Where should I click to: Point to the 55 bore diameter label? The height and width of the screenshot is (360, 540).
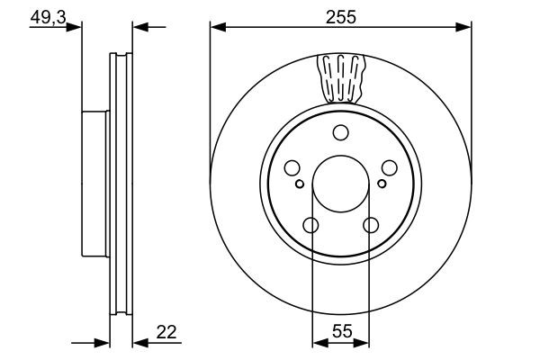[340, 333]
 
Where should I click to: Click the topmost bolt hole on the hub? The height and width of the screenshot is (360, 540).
[340, 134]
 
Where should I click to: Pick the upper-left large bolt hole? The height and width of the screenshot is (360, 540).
[291, 167]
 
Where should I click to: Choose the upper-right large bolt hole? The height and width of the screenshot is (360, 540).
[389, 167]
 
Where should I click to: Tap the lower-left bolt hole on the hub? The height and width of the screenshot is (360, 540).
[310, 225]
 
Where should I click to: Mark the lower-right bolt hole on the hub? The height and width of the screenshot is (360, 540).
[370, 225]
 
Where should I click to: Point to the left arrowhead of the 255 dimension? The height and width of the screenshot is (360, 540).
[216, 28]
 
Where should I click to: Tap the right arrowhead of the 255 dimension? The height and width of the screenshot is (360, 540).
[465, 28]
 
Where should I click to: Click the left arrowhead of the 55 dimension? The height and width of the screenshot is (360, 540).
[318, 343]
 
